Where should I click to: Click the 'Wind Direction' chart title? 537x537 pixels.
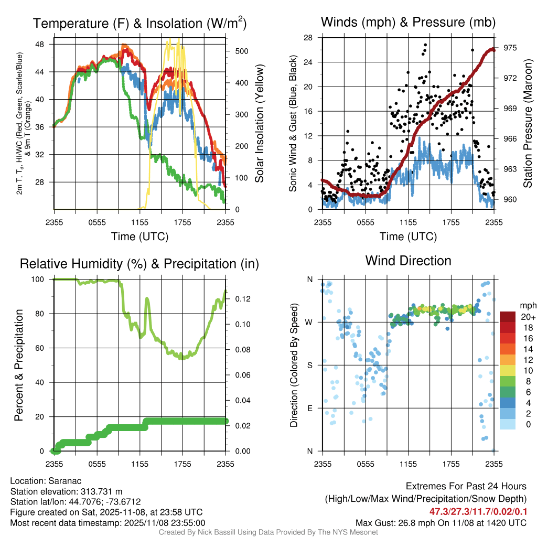pyautogui.click(x=408, y=261)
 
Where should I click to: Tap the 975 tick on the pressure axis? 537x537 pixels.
pyautogui.click(x=510, y=48)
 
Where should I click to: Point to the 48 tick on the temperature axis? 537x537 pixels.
pyautogui.click(x=40, y=45)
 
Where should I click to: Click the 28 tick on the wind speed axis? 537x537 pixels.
pyautogui.click(x=308, y=38)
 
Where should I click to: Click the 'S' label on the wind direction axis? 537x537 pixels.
pyautogui.click(x=309, y=365)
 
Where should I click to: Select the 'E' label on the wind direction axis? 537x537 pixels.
pyautogui.click(x=309, y=408)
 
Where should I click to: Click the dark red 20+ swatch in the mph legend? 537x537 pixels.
pyautogui.click(x=509, y=317)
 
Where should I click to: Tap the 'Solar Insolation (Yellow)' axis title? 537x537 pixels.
pyautogui.click(x=259, y=124)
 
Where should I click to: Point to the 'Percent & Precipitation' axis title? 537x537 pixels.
pyautogui.click(x=19, y=365)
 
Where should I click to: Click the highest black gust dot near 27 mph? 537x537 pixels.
pyautogui.click(x=425, y=45)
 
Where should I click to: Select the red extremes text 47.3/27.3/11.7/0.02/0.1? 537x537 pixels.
pyautogui.click(x=478, y=511)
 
